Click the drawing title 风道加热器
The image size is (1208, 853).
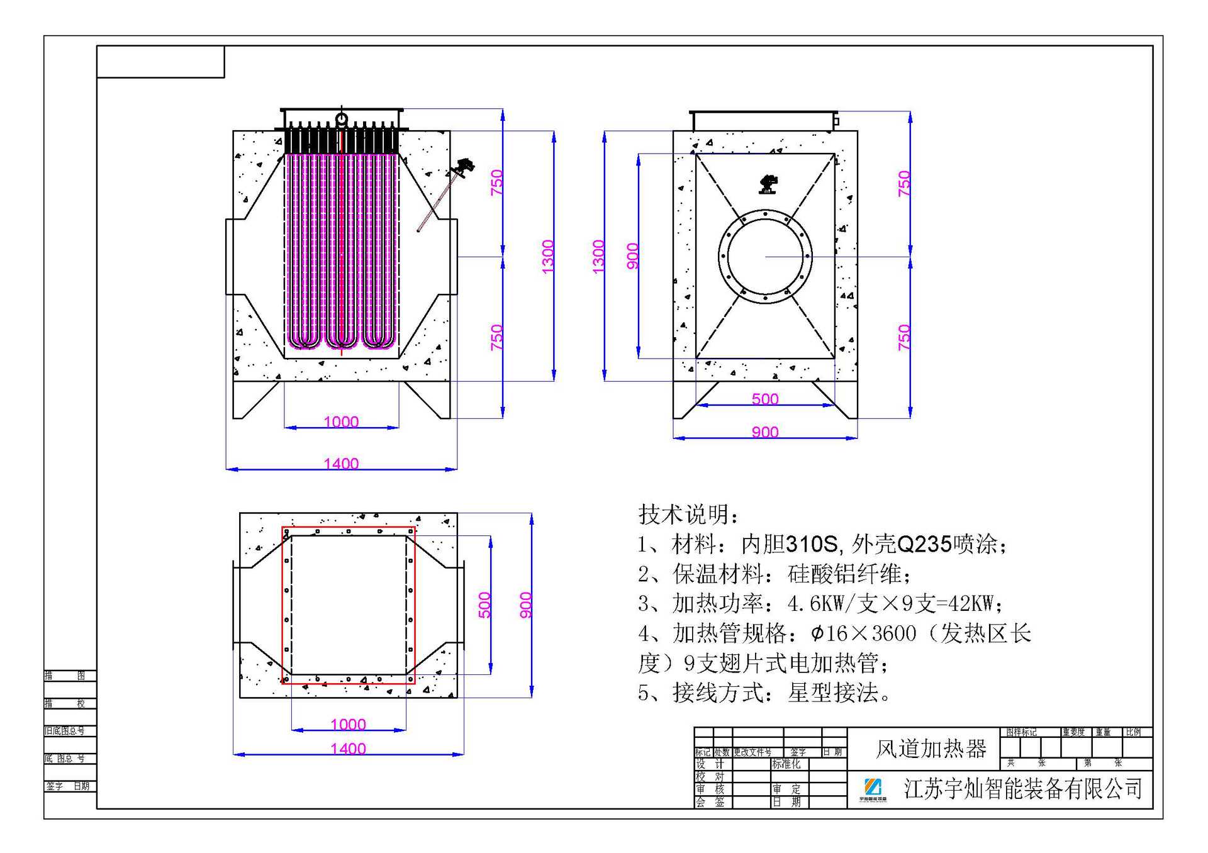tap(931, 749)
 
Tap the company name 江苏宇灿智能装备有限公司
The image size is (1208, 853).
tap(1022, 789)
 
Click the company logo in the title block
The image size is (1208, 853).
tap(873, 789)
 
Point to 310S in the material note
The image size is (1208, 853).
tap(812, 544)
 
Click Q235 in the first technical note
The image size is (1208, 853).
tap(924, 544)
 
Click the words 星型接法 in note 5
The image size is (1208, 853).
tap(833, 693)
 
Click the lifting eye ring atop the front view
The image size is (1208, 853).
tap(341, 118)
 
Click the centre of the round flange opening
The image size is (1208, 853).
tap(765, 257)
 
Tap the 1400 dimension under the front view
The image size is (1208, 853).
tap(341, 464)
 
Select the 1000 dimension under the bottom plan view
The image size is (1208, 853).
tap(348, 724)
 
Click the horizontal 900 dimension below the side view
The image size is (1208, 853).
tap(765, 432)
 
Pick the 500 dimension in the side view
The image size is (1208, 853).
tap(765, 399)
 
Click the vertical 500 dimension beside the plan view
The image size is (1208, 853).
tap(484, 605)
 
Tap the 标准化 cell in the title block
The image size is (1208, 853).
tap(786, 764)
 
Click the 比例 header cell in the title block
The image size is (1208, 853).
tap(1133, 732)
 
